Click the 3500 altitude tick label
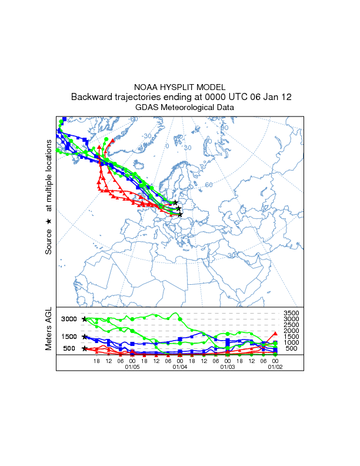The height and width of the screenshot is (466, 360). pos(292,313)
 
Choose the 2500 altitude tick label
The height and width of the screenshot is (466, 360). pos(292,325)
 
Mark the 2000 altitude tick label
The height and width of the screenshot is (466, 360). pos(292,331)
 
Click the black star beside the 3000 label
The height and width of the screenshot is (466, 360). pos(85,319)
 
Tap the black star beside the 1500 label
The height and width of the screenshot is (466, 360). pos(85,337)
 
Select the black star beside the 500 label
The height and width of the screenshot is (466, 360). pos(85,348)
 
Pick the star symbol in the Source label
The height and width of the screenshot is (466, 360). pos(49,221)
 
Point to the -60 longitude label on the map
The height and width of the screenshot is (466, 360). pos(134,119)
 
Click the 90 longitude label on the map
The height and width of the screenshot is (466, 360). pos(224,128)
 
